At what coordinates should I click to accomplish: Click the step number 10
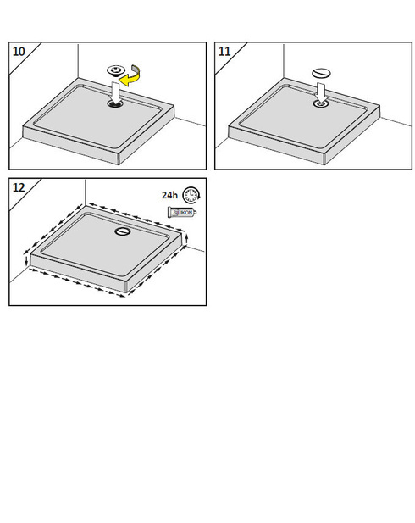click(19, 52)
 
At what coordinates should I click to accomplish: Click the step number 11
click(224, 52)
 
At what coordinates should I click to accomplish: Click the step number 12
click(19, 187)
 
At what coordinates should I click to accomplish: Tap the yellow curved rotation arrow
click(130, 76)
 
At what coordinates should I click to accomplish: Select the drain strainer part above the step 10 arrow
click(115, 70)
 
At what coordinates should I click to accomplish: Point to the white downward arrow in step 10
click(115, 93)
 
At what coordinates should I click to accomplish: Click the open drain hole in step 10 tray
click(115, 103)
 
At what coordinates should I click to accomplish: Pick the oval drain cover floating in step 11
click(321, 73)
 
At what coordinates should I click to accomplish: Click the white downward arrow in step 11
click(321, 92)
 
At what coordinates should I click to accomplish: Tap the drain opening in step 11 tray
click(321, 103)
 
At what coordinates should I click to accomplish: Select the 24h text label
click(169, 195)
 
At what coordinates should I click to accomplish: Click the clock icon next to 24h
click(191, 195)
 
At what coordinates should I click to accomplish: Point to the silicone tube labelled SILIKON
click(182, 213)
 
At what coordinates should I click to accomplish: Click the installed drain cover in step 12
click(123, 231)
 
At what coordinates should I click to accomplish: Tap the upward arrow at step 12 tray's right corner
click(186, 239)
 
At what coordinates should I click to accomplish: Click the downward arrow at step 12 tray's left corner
click(26, 261)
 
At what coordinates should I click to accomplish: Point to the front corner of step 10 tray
click(119, 164)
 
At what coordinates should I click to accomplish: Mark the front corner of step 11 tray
click(324, 164)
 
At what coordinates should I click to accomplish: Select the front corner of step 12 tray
click(126, 292)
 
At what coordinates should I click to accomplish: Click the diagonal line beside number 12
click(25, 195)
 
